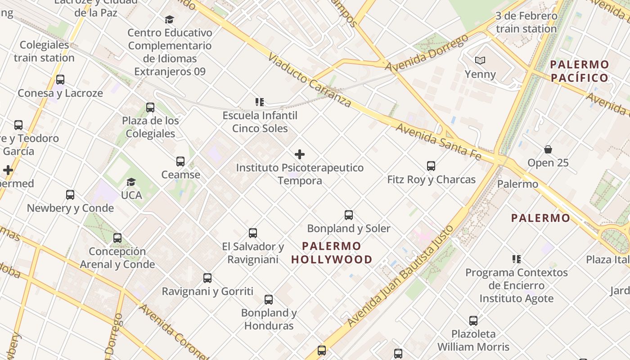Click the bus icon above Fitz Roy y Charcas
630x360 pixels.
431,166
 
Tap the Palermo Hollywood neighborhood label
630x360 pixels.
332,253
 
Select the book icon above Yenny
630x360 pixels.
480,60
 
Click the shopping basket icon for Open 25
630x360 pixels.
548,149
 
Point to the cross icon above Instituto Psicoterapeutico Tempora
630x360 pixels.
300,154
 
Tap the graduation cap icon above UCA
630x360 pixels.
131,182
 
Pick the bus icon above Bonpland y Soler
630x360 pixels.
349,215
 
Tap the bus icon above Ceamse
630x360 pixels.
180,161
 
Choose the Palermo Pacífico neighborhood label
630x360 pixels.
580,71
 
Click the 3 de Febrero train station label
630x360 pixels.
526,22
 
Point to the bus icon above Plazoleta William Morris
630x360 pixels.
473,321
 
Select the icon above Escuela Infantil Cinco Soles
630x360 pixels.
260,102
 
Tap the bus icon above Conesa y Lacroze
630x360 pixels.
60,80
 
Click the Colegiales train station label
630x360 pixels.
44,51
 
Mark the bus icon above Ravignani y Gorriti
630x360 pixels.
207,278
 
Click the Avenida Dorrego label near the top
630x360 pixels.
427,53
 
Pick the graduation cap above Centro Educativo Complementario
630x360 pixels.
169,19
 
